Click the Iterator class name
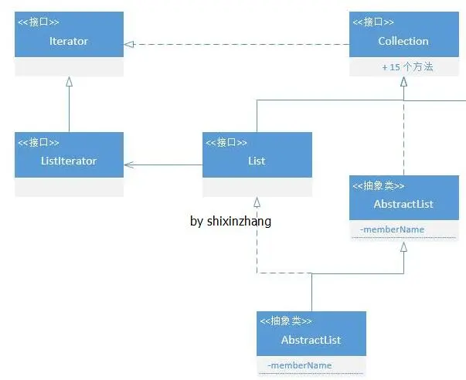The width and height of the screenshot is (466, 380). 69,41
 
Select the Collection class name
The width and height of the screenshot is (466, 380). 403,41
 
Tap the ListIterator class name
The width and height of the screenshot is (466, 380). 69,161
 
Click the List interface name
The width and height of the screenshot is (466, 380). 257,161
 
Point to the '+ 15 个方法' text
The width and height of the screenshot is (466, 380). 407,67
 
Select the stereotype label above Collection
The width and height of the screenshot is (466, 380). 373,22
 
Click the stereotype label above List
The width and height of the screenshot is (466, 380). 226,143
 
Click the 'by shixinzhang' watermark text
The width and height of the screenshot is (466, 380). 230,221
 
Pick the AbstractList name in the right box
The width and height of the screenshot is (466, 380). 403,204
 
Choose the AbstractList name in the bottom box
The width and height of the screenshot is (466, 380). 311,340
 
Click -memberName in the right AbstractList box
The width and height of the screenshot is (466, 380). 392,229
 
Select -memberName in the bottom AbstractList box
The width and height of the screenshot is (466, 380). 299,365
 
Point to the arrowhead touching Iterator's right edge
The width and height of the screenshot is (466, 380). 129,45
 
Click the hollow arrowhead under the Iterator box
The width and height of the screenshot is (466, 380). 69,82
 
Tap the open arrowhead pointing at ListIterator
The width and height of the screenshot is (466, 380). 129,165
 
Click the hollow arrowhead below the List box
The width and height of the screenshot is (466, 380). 257,202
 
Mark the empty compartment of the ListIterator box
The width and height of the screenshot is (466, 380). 69,187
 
